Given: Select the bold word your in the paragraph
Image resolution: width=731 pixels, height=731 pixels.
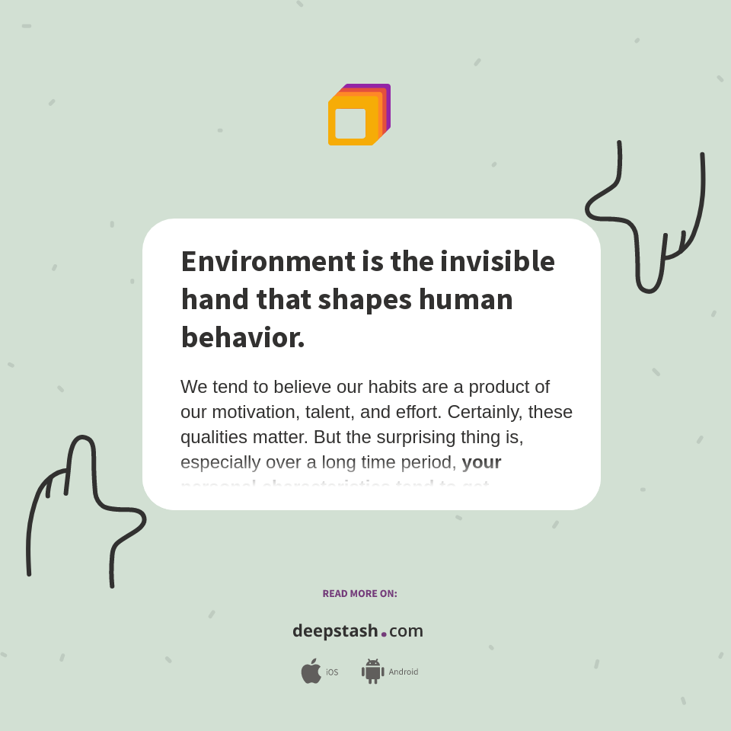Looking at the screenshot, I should point(481,462).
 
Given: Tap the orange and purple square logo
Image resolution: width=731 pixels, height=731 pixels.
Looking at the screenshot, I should point(359,115).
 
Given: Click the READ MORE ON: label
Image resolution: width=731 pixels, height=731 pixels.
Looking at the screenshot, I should point(359,594).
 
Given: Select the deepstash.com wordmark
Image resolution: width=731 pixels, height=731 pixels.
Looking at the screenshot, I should point(358,631).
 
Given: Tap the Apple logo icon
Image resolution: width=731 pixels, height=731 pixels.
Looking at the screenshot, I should point(311,671).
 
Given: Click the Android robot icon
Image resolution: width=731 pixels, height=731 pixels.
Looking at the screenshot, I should point(372,672).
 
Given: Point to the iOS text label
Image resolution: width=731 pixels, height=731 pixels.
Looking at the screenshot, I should point(332,672).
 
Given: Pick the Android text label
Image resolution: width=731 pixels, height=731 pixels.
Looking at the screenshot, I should point(404,672).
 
